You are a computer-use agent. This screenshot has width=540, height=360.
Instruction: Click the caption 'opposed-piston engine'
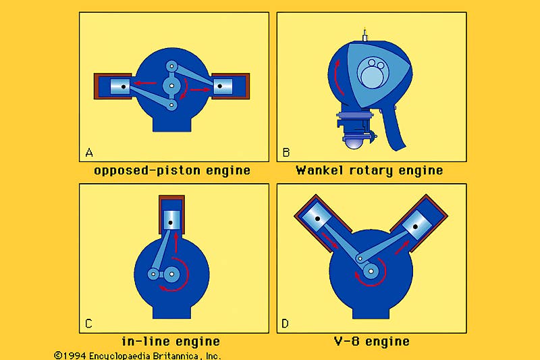point(171,170)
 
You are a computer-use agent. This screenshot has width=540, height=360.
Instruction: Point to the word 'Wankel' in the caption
point(321,170)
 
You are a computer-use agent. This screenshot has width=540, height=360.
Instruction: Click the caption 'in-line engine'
point(171,342)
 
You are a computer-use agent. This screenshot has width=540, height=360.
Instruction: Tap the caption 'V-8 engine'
point(371,342)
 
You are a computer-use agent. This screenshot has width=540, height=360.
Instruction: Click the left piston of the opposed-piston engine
point(119,86)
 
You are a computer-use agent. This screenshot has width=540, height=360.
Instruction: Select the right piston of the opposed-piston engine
point(223,86)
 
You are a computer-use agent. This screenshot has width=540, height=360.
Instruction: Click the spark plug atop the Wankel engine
point(365,34)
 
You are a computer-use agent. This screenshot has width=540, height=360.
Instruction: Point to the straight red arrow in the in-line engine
point(176,242)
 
